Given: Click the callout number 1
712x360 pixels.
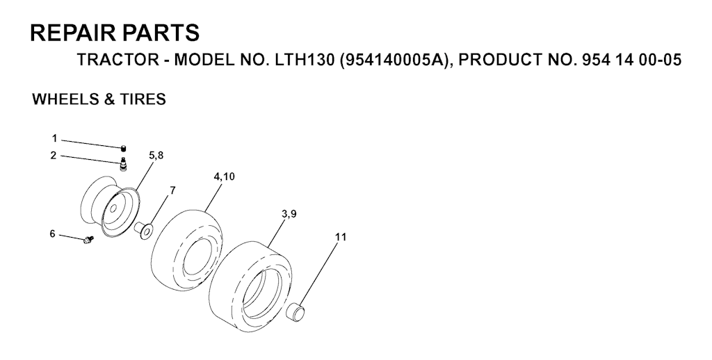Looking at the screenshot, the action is (x=54, y=138).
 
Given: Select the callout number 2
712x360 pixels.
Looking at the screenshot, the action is (x=54, y=156).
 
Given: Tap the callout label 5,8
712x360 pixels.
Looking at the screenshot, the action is (x=156, y=155).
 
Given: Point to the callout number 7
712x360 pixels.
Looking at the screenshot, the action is (x=172, y=190).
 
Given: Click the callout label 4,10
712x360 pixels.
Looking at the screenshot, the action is (x=225, y=177).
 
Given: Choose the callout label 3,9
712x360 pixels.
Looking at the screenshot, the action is (x=289, y=214).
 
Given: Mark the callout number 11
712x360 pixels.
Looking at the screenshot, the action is (x=341, y=237).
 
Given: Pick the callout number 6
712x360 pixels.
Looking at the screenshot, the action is (x=52, y=234).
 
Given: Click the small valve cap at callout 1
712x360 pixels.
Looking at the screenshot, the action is (x=124, y=148).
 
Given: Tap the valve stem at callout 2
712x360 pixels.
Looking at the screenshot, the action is (x=123, y=164).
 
